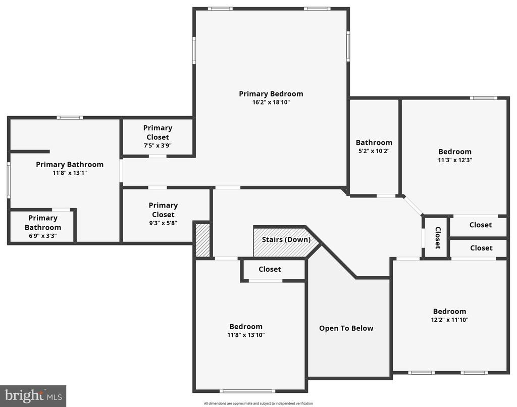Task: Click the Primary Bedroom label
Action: (x=271, y=94)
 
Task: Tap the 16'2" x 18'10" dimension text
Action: (x=271, y=102)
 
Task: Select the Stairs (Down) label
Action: (x=286, y=240)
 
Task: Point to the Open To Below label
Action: (x=346, y=328)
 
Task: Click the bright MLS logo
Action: (x=33, y=396)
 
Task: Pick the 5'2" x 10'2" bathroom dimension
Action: (x=374, y=151)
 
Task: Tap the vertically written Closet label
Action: (x=438, y=237)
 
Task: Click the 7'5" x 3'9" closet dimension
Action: (x=158, y=145)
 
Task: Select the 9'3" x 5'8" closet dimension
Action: (x=163, y=223)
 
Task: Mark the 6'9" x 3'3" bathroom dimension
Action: (x=43, y=236)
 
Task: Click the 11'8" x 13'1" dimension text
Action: (x=70, y=173)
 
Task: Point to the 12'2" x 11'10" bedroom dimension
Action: (x=449, y=320)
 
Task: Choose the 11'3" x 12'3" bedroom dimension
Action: (x=455, y=160)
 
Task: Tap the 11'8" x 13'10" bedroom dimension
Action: (x=246, y=335)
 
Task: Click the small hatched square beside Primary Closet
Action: (x=202, y=240)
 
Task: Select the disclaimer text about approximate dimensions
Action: (x=258, y=403)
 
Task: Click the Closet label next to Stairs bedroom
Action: (x=270, y=270)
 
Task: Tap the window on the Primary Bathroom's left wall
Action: (x=9, y=180)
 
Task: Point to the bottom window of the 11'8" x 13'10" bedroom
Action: (x=247, y=391)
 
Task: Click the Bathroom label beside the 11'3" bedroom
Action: (x=374, y=143)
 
